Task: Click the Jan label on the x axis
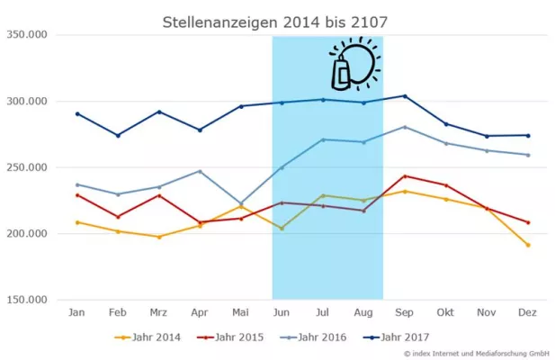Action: (77, 311)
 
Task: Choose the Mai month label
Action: (241, 311)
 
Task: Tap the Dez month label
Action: (527, 311)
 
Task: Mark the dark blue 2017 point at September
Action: (405, 95)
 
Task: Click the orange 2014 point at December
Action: (527, 245)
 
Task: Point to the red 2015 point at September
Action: (405, 175)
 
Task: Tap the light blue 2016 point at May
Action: (241, 203)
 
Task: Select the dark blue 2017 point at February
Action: (118, 135)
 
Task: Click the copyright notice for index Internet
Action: (464, 353)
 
